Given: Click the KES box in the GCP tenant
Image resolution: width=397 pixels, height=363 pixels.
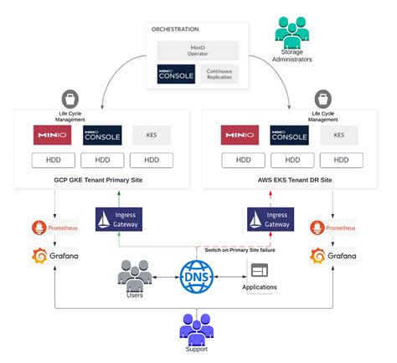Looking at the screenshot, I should coord(152,135).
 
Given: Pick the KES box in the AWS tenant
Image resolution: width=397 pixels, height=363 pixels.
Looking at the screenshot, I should coord(339,135).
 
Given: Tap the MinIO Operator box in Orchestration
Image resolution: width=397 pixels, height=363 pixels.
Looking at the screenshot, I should coord(198,49).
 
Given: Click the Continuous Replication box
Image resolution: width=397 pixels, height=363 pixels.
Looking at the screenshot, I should coord(219,74).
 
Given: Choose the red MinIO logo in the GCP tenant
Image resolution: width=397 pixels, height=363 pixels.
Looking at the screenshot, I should coord(52,135).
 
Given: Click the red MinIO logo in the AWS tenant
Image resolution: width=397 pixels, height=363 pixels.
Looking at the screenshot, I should coord(240,135).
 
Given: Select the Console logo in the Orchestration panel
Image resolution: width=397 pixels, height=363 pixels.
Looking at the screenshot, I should coord(176,74).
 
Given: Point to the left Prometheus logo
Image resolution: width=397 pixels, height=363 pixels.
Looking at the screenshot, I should coord(52,228).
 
